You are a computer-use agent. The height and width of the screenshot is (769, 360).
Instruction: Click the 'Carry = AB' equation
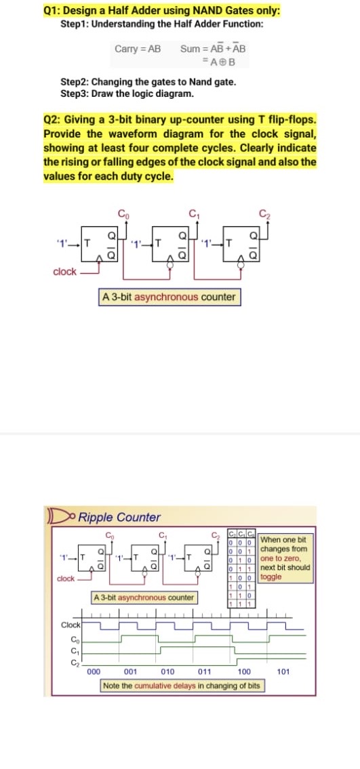tap(138, 49)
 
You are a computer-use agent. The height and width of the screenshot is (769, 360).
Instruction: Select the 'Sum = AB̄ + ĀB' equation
tap(213, 49)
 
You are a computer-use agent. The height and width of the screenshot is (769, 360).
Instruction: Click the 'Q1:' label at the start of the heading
tap(52, 11)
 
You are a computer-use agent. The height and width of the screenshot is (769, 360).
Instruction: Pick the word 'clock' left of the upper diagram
tap(64, 272)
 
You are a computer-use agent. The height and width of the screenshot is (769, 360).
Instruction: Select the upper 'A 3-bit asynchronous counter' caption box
tap(169, 297)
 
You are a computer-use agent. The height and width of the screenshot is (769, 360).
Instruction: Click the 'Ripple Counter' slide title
tap(119, 518)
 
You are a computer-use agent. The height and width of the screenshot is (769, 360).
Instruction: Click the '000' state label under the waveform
tap(94, 672)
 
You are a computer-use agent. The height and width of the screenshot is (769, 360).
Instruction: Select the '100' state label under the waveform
tap(245, 672)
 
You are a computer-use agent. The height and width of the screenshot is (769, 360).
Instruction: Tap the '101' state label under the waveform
tap(284, 672)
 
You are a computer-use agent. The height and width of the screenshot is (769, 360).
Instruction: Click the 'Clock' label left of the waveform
tap(71, 625)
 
